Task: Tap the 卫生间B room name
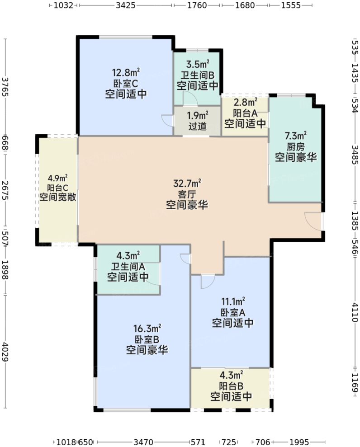click(198, 75)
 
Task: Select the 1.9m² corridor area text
click(198, 115)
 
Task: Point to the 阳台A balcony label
click(245, 113)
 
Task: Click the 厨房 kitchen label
click(296, 146)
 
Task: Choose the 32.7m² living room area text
click(187, 184)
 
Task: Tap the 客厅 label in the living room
click(187, 194)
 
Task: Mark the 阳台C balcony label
click(57, 188)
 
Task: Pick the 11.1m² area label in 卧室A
click(233, 301)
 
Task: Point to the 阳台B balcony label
click(232, 386)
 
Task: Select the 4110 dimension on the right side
click(355, 312)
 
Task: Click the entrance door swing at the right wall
click(313, 220)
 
